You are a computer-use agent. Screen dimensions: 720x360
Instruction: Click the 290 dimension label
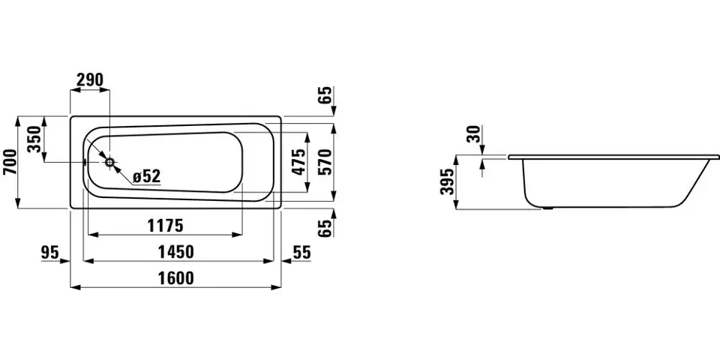coord(90,80)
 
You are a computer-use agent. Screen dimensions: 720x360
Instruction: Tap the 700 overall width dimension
coord(10,162)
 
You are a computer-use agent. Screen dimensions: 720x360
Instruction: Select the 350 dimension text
coord(34,139)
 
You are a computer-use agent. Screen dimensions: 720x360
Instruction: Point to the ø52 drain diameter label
coord(146,175)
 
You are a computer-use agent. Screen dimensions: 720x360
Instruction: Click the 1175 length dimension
coord(165,226)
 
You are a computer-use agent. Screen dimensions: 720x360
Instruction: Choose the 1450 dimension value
coord(175,252)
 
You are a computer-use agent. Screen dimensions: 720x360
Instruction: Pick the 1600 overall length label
coord(175,277)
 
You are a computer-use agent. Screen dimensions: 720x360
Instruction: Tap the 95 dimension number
coord(50,252)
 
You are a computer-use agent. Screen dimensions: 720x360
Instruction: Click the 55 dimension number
coord(301,252)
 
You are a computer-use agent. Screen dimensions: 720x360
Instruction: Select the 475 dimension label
coord(298,162)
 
